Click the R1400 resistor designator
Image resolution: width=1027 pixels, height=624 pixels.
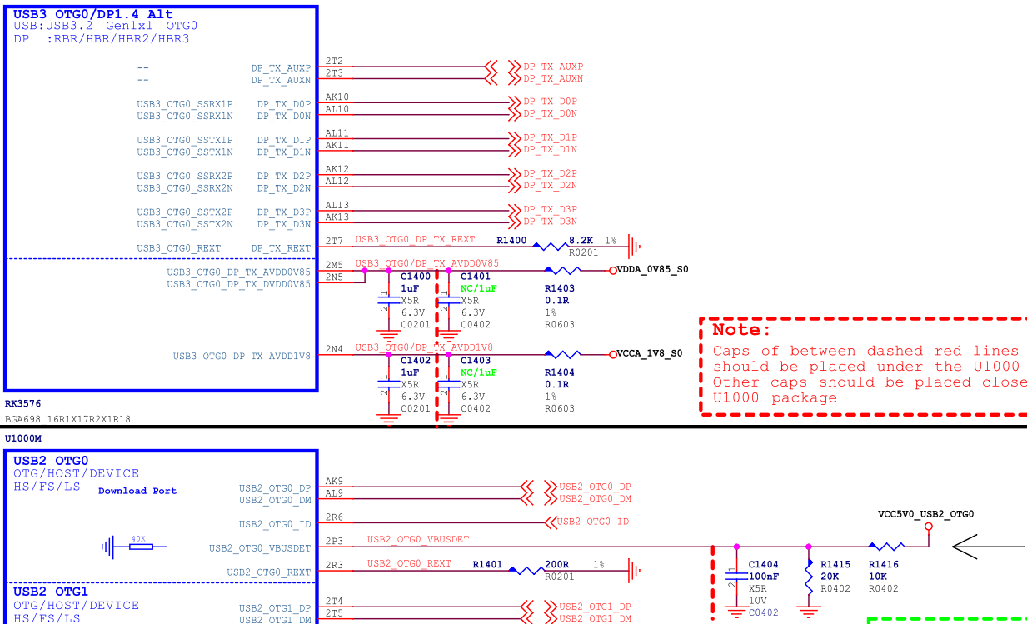[511, 240]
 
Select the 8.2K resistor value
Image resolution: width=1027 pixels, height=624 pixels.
[581, 240]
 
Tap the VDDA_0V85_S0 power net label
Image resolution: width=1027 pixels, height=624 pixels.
[652, 269]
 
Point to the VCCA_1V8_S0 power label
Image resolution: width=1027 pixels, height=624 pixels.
[649, 353]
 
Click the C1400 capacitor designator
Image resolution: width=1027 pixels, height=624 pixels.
[416, 277]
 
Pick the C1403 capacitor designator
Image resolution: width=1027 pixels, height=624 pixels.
[476, 361]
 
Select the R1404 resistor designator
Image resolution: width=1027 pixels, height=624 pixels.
[560, 372]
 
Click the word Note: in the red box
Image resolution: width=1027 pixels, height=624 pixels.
[742, 330]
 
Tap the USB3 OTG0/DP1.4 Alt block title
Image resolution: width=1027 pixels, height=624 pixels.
[93, 14]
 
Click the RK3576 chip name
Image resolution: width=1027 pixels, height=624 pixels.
[22, 404]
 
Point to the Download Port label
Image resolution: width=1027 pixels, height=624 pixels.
[137, 491]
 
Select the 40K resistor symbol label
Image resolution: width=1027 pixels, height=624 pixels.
[138, 539]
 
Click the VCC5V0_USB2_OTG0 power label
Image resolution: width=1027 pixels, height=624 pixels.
[925, 514]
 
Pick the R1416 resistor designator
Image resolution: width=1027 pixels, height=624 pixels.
[884, 564]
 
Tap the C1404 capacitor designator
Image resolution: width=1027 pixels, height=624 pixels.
[763, 564]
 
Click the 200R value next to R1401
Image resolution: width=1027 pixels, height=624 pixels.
[556, 564]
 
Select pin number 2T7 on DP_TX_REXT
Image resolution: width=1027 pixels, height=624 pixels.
[334, 242]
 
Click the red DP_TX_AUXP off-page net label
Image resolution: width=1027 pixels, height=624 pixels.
[553, 67]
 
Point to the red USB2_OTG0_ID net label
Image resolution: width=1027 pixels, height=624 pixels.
[592, 522]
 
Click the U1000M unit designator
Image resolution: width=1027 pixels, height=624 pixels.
[23, 437]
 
